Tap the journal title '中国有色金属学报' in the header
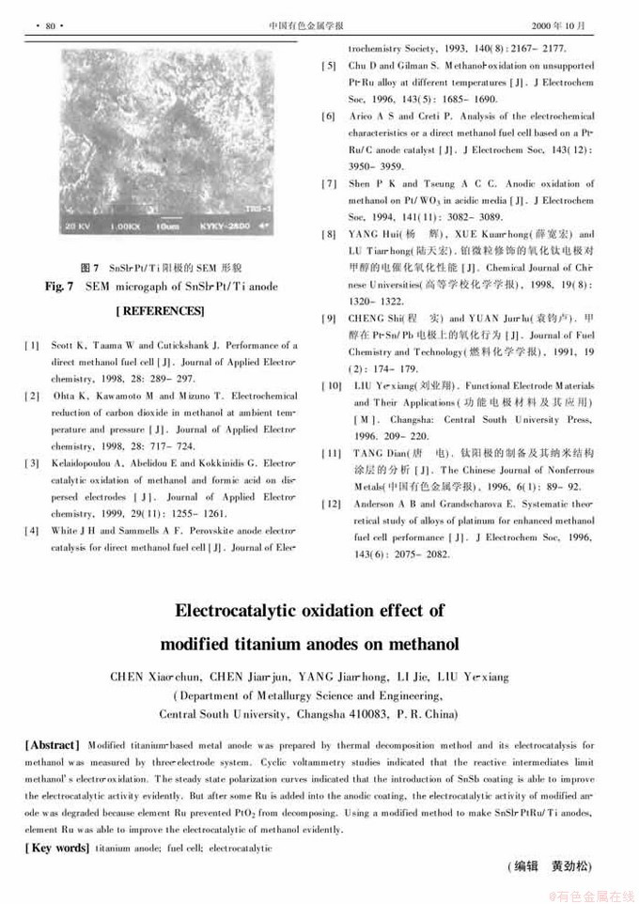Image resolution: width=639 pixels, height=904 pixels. pyautogui.click(x=319, y=25)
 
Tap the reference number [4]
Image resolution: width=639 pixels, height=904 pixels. pyautogui.click(x=31, y=531)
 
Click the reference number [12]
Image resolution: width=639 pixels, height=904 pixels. pyautogui.click(x=331, y=503)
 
